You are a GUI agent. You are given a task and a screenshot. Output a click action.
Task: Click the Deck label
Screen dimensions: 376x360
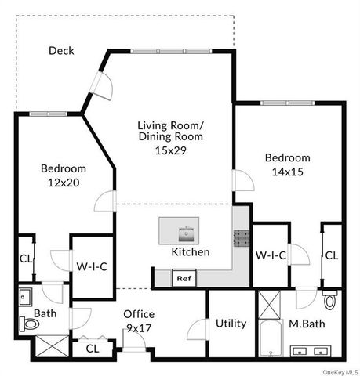click(61, 51)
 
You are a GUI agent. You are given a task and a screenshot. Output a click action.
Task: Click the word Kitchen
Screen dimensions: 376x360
click(191, 252)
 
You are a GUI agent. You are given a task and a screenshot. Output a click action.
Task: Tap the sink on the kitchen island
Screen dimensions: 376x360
click(186, 232)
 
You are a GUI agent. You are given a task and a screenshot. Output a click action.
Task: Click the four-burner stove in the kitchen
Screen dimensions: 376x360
click(240, 237)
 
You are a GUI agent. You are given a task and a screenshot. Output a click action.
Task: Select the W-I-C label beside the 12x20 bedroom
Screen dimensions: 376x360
click(92, 266)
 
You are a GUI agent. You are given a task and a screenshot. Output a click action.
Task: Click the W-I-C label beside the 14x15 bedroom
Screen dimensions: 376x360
click(271, 254)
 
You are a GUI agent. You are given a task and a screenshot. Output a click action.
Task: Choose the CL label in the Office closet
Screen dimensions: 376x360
click(93, 349)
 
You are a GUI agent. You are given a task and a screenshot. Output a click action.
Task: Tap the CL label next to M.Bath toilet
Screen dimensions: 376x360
click(332, 255)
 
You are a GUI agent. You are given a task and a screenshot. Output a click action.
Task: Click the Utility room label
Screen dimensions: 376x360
click(231, 324)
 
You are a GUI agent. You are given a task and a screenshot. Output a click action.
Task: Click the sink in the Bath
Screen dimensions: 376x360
click(24, 297)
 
